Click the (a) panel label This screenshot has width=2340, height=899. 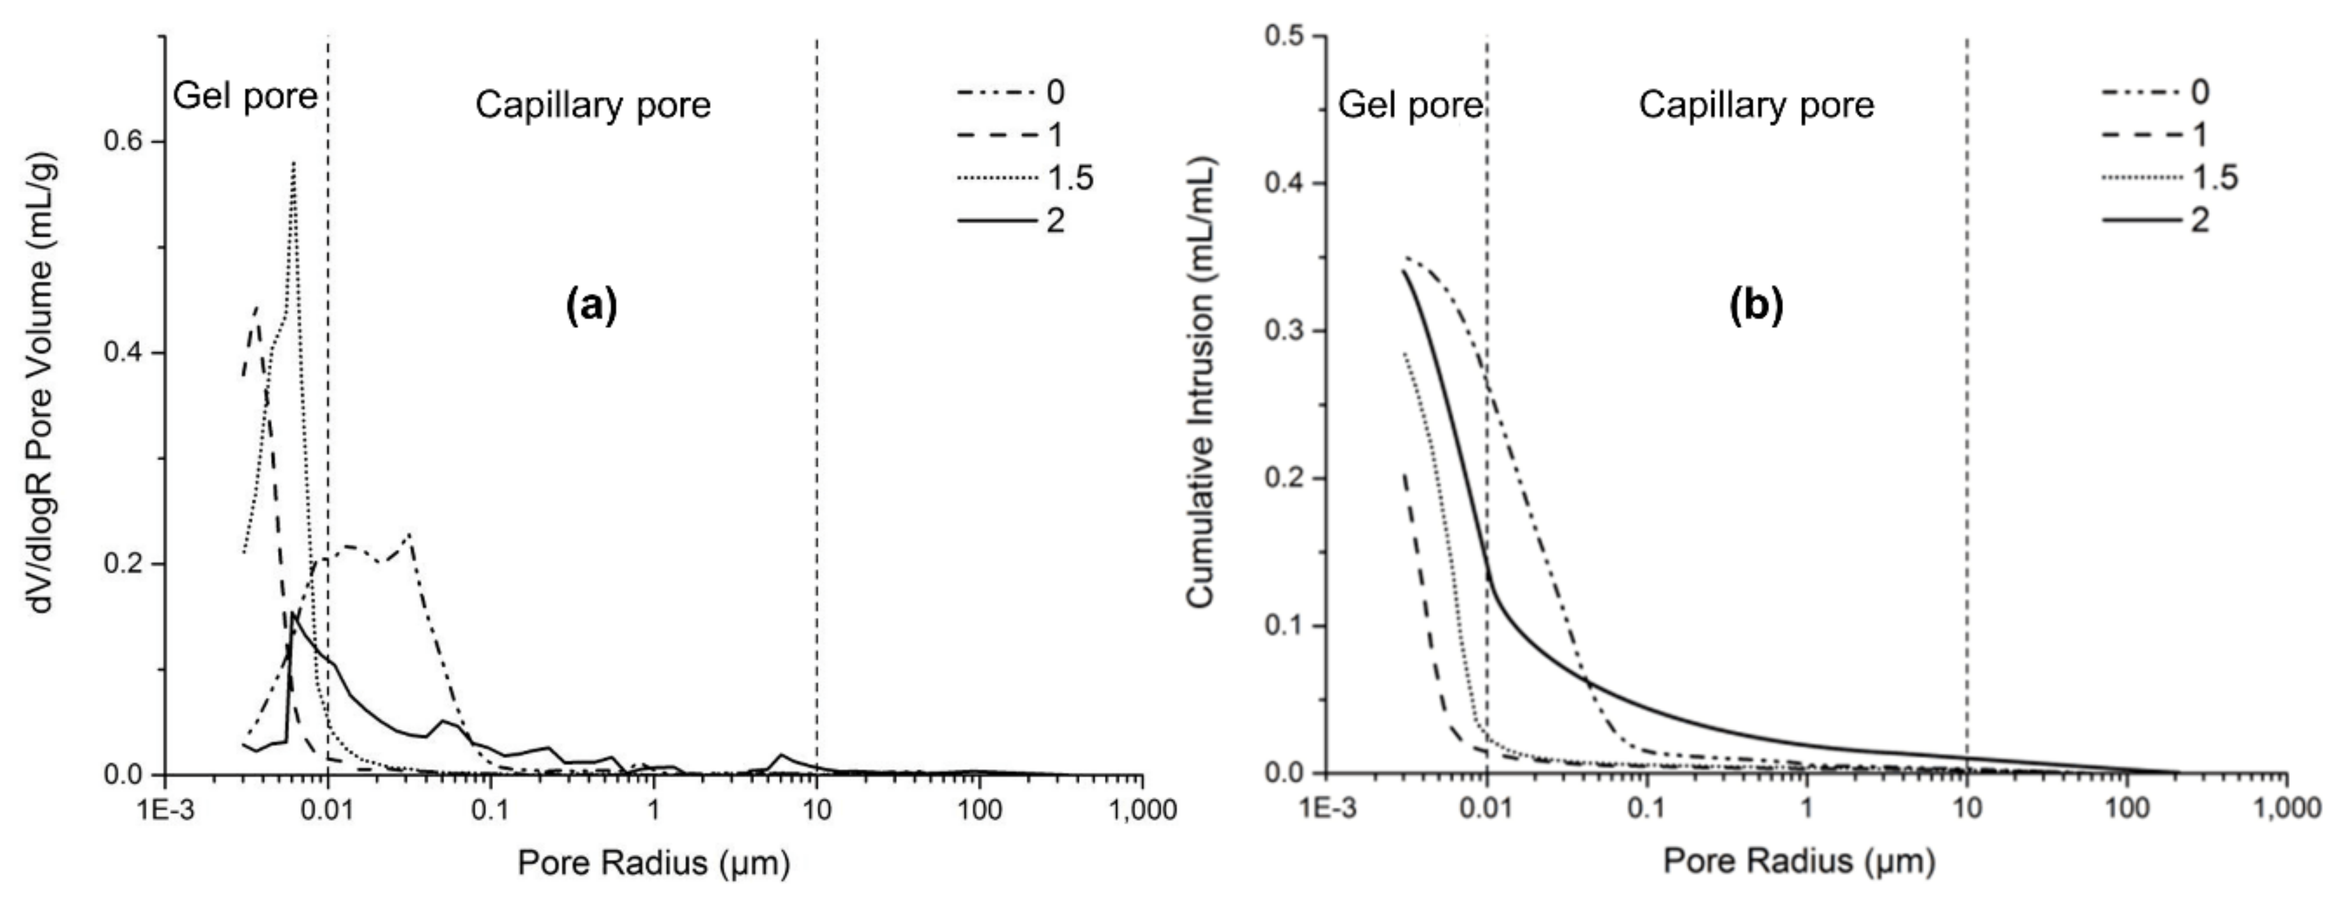(x=591, y=306)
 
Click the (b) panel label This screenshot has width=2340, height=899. (x=1756, y=306)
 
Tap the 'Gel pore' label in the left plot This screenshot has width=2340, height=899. (x=245, y=94)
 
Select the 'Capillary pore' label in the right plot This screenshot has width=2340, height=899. (x=1756, y=105)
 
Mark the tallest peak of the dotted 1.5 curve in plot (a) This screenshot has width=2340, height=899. (x=293, y=163)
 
